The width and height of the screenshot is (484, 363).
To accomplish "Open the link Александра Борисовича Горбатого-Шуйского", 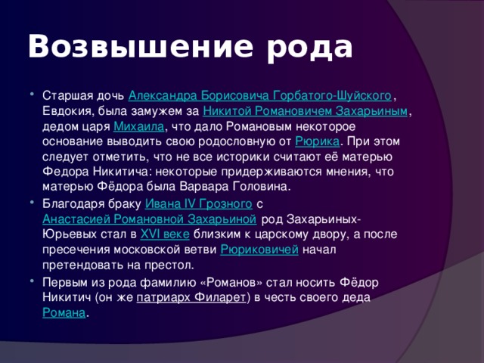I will coord(260,97).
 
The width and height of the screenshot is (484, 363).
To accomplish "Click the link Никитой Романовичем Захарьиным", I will coord(308,112).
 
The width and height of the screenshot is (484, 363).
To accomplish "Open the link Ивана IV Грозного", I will coord(199,205).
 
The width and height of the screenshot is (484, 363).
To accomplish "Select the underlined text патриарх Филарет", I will coord(191,298).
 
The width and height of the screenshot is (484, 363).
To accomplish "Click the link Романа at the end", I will coord(64,313).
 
